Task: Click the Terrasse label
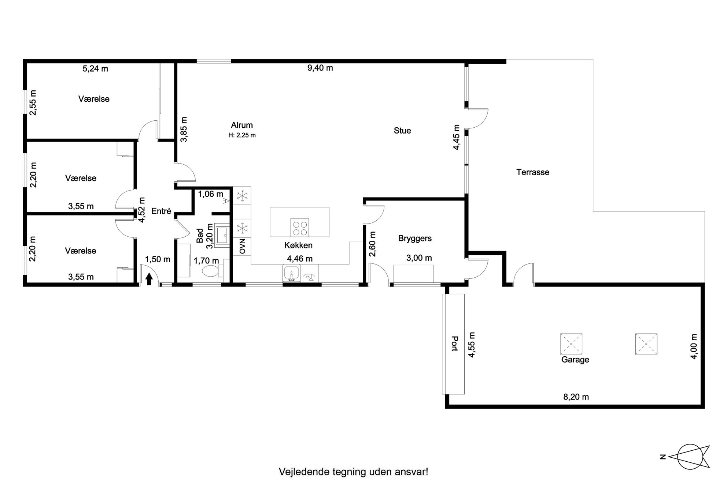[x=533, y=172]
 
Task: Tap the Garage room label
[x=575, y=360]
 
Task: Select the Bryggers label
[x=415, y=239]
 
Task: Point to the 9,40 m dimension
[x=320, y=68]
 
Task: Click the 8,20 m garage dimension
[x=576, y=397]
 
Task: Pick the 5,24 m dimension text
[x=95, y=68]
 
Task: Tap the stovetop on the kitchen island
[x=300, y=228]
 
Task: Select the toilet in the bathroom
[x=212, y=271]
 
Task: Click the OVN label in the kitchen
[x=242, y=246]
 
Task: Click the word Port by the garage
[x=455, y=344]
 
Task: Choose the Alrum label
[x=242, y=125]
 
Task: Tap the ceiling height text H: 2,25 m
[x=242, y=135]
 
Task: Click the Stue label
[x=402, y=131]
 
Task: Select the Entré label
[x=161, y=211]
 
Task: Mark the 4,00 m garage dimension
[x=693, y=346]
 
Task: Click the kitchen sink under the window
[x=292, y=273]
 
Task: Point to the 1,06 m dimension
[x=211, y=194]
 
